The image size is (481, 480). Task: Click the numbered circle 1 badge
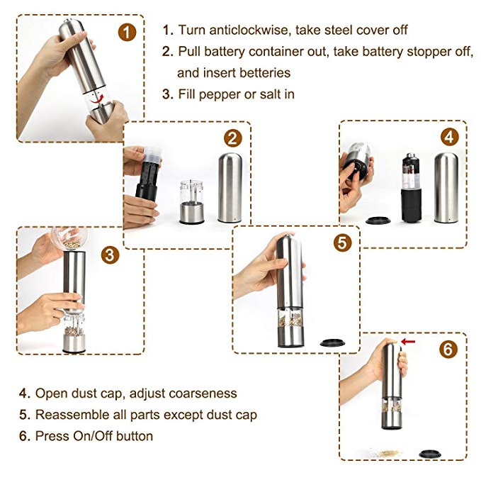coord(127,32)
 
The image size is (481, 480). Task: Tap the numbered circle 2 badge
coord(233,138)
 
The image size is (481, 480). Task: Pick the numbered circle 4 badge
coord(449,137)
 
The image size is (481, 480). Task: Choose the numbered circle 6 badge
coord(448,350)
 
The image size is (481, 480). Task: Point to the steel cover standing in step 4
coord(447,186)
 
